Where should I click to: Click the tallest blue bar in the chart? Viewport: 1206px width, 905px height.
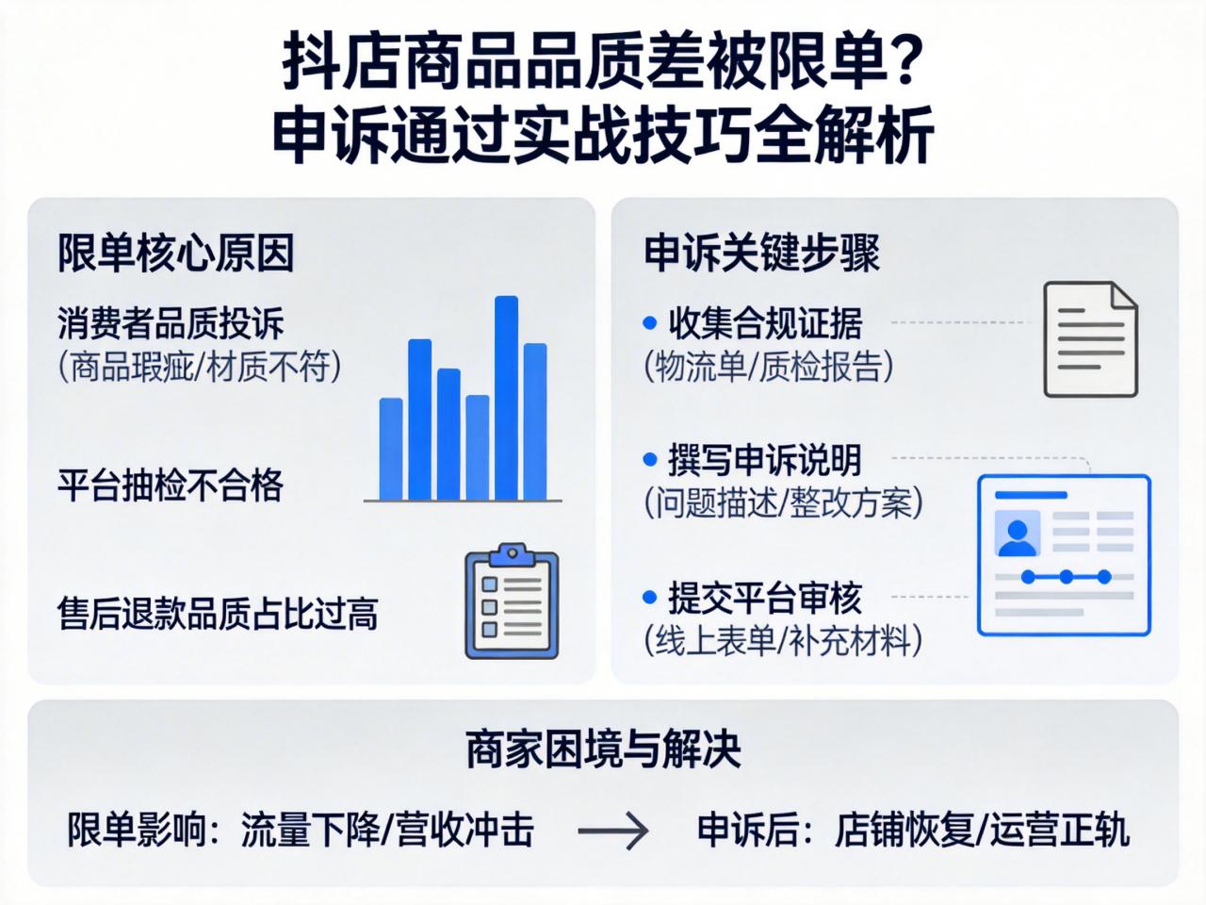[506, 398]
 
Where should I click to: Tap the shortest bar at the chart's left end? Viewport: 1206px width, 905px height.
[391, 449]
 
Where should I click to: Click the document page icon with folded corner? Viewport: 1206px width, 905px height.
[1090, 339]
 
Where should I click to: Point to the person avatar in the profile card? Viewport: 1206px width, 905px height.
[1018, 535]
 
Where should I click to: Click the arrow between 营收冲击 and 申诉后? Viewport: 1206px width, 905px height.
[613, 831]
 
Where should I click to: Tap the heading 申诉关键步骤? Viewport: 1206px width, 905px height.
[761, 253]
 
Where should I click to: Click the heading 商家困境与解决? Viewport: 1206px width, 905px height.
[603, 749]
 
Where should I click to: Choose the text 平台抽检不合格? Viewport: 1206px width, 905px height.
[171, 485]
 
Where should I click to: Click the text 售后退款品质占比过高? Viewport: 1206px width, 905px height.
[218, 613]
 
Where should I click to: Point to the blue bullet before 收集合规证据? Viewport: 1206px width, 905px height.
[649, 323]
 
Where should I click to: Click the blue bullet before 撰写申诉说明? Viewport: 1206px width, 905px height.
[649, 460]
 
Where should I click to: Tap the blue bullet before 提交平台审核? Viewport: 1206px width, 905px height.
[649, 598]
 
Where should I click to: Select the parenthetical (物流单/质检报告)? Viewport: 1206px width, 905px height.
[768, 366]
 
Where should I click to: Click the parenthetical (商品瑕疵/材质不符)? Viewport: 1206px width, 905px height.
[199, 366]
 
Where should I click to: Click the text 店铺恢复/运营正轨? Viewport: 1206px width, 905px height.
[981, 831]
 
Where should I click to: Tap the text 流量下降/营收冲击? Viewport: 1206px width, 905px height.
[387, 831]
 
